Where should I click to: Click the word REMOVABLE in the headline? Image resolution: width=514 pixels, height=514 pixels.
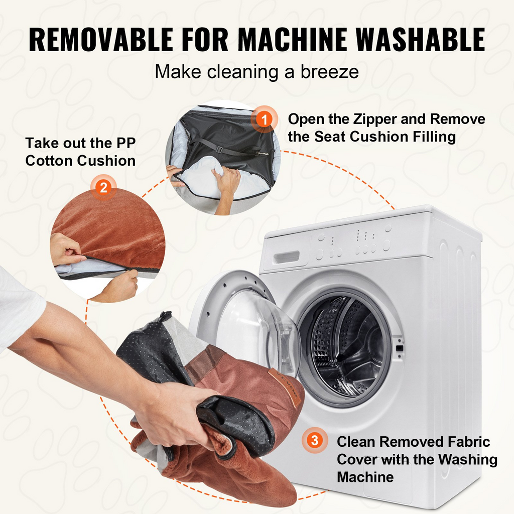101,39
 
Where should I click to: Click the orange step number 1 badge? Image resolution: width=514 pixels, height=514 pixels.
264,119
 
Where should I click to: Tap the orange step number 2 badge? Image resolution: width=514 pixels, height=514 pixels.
103,188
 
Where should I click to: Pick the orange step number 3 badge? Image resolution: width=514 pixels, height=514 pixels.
315,440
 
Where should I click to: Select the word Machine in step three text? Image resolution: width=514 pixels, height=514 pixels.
365,477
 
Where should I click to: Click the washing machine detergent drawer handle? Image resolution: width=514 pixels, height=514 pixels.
287,257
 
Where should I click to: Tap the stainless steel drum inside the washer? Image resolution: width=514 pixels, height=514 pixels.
346,347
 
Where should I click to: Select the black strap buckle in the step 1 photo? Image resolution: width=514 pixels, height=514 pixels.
219,150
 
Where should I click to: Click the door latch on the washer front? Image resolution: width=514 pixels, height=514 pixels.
399,348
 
